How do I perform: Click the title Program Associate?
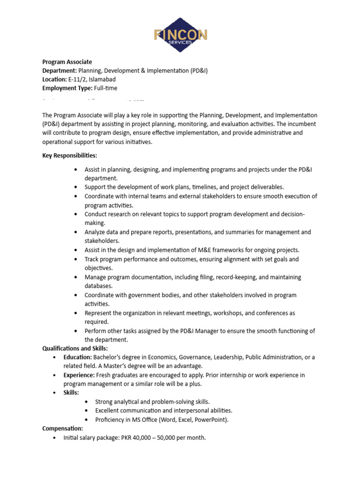67,62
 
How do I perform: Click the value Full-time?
105,88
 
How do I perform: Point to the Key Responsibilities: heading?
70,156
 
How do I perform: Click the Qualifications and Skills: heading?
75,348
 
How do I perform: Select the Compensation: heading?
62,428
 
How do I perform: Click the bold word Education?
78,357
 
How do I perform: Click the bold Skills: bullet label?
71,393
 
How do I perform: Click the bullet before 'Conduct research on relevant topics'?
75,214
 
